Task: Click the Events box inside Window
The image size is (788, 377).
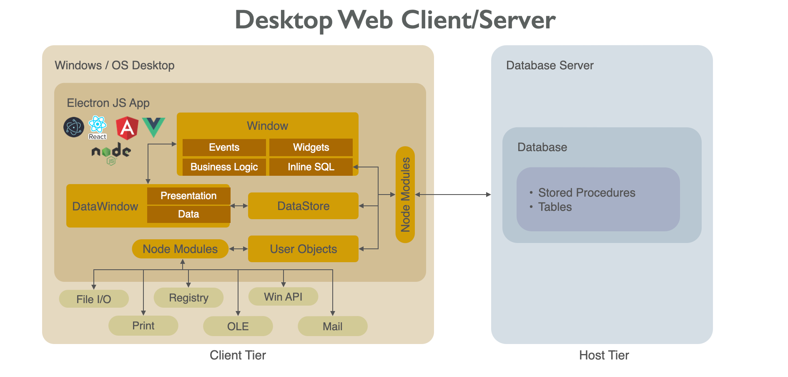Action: coord(224,147)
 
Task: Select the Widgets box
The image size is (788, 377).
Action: coord(311,147)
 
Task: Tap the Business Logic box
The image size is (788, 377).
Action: coord(224,167)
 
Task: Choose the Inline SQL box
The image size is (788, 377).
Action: coord(311,167)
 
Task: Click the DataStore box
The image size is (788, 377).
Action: coord(303,206)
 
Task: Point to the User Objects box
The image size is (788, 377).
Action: coord(303,249)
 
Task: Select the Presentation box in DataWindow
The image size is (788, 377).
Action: coord(188,196)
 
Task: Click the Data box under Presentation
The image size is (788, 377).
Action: coord(188,214)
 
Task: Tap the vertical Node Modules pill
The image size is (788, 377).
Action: coord(405,195)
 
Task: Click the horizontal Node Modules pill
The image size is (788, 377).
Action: coord(180,249)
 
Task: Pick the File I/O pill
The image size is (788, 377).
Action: coord(94,299)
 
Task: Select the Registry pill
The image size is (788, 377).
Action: coord(188,298)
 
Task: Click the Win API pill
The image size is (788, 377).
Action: coord(283,297)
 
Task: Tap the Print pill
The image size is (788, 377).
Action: coord(143,326)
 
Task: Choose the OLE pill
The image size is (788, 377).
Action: coord(238,326)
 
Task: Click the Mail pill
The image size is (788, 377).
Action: coord(332,326)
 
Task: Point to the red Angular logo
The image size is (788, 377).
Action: coord(127,128)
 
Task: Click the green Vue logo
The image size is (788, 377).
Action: coord(153,127)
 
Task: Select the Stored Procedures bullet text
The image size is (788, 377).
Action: coord(586,192)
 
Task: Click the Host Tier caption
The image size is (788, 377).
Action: coord(604,355)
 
